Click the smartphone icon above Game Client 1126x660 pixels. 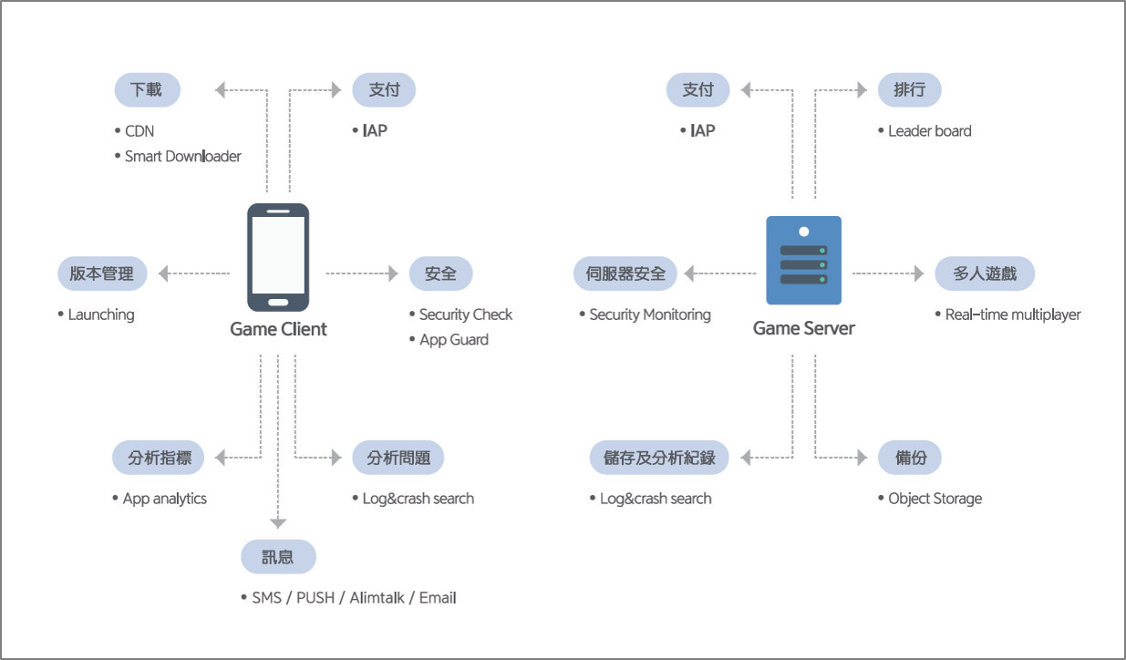(x=278, y=257)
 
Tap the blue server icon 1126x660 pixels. (x=803, y=261)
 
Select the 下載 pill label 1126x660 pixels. (x=147, y=90)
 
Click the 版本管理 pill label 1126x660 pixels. (x=101, y=273)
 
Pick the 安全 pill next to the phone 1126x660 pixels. (x=440, y=273)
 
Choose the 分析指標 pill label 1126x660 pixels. (x=159, y=458)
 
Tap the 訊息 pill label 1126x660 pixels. (x=278, y=557)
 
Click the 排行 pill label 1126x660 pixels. (x=909, y=90)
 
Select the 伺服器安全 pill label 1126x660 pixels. (x=626, y=273)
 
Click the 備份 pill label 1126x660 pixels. (x=910, y=458)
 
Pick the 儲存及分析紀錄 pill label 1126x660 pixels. (x=658, y=458)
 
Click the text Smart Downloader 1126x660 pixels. (x=182, y=157)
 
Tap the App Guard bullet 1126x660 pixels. (x=453, y=340)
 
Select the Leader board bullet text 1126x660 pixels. (x=930, y=131)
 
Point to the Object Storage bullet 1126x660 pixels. (x=935, y=499)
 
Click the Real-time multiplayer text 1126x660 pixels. (x=1012, y=315)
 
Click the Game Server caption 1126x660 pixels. (x=803, y=328)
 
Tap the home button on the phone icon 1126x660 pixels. (x=278, y=302)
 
